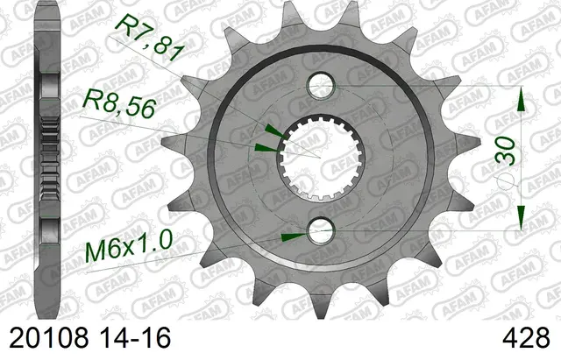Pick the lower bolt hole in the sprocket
coord(319,230)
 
